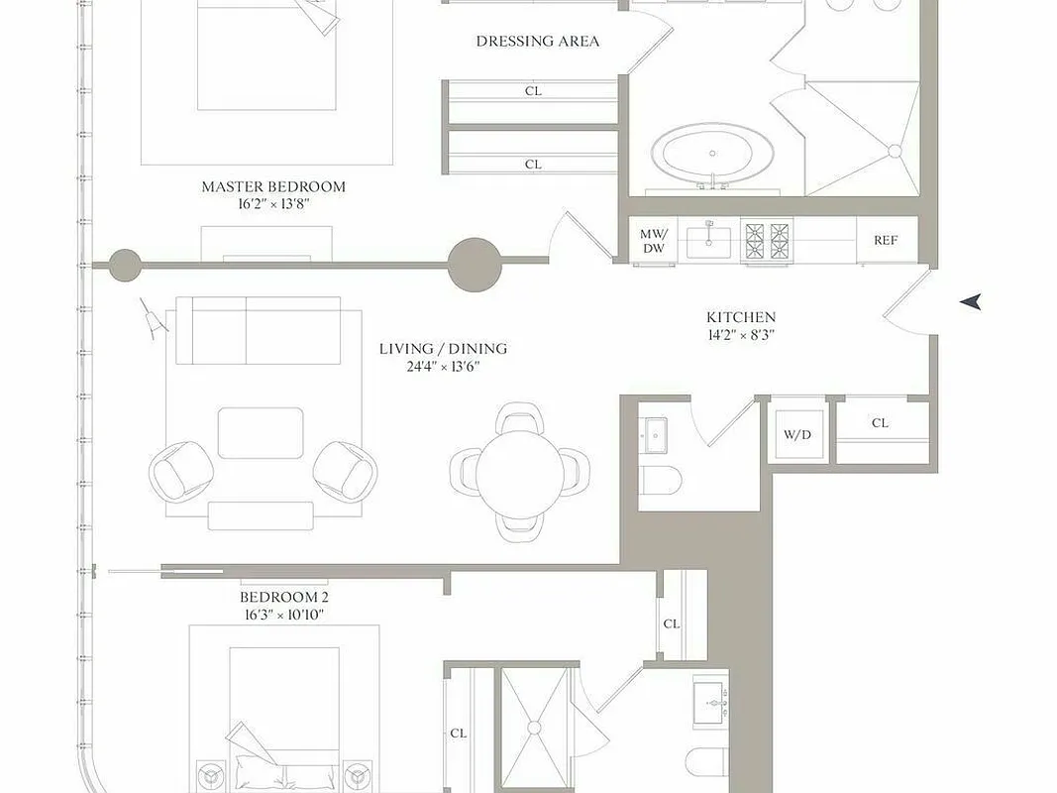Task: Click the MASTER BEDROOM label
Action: coord(273,186)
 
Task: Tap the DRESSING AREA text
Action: coord(537,42)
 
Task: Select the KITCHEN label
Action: coord(740,317)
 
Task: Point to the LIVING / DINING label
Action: coord(443,349)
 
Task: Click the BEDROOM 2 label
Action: coord(283,598)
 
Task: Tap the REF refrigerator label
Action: coord(885,240)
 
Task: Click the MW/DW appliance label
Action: coord(653,241)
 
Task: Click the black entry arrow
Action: coord(970,301)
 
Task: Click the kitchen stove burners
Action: coord(768,239)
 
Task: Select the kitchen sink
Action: coord(709,239)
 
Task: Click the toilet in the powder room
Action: coord(662,480)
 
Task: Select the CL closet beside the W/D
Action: coord(881,423)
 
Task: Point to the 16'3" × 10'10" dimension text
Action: coord(283,616)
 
